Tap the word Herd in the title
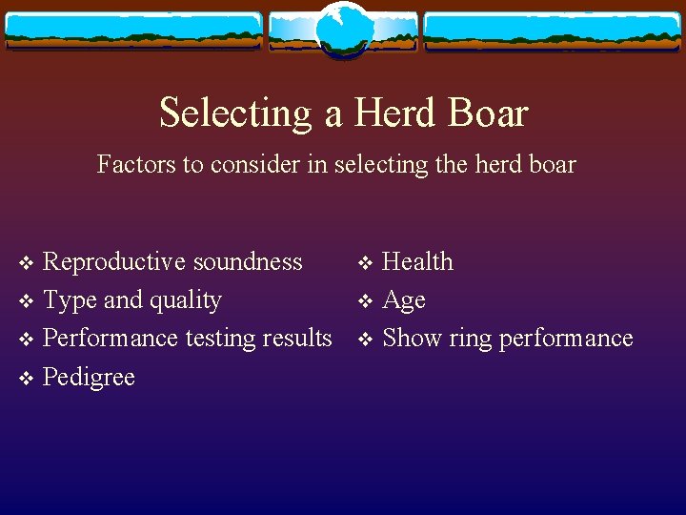387,113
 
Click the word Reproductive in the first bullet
116,262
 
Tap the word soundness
250,262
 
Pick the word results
295,339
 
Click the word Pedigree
89,378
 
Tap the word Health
417,262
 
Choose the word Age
403,301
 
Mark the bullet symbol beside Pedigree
26,379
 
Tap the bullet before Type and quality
26,302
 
